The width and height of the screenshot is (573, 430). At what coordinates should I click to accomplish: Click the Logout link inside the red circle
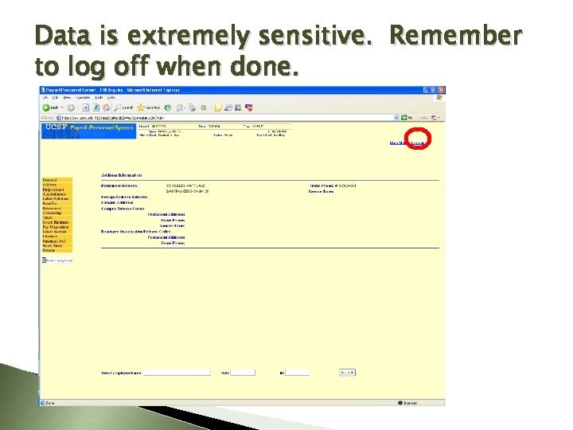pos(418,143)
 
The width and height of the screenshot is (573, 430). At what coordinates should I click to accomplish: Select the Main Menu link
pos(399,143)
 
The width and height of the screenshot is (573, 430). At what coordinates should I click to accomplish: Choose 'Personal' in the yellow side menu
pos(49,181)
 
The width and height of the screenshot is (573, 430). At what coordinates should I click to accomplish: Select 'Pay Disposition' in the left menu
pos(55,227)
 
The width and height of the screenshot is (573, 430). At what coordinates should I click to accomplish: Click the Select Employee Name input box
pos(177,372)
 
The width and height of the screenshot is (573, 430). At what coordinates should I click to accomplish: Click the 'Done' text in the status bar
pos(50,402)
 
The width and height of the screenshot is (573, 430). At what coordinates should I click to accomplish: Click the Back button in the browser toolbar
pos(50,107)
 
